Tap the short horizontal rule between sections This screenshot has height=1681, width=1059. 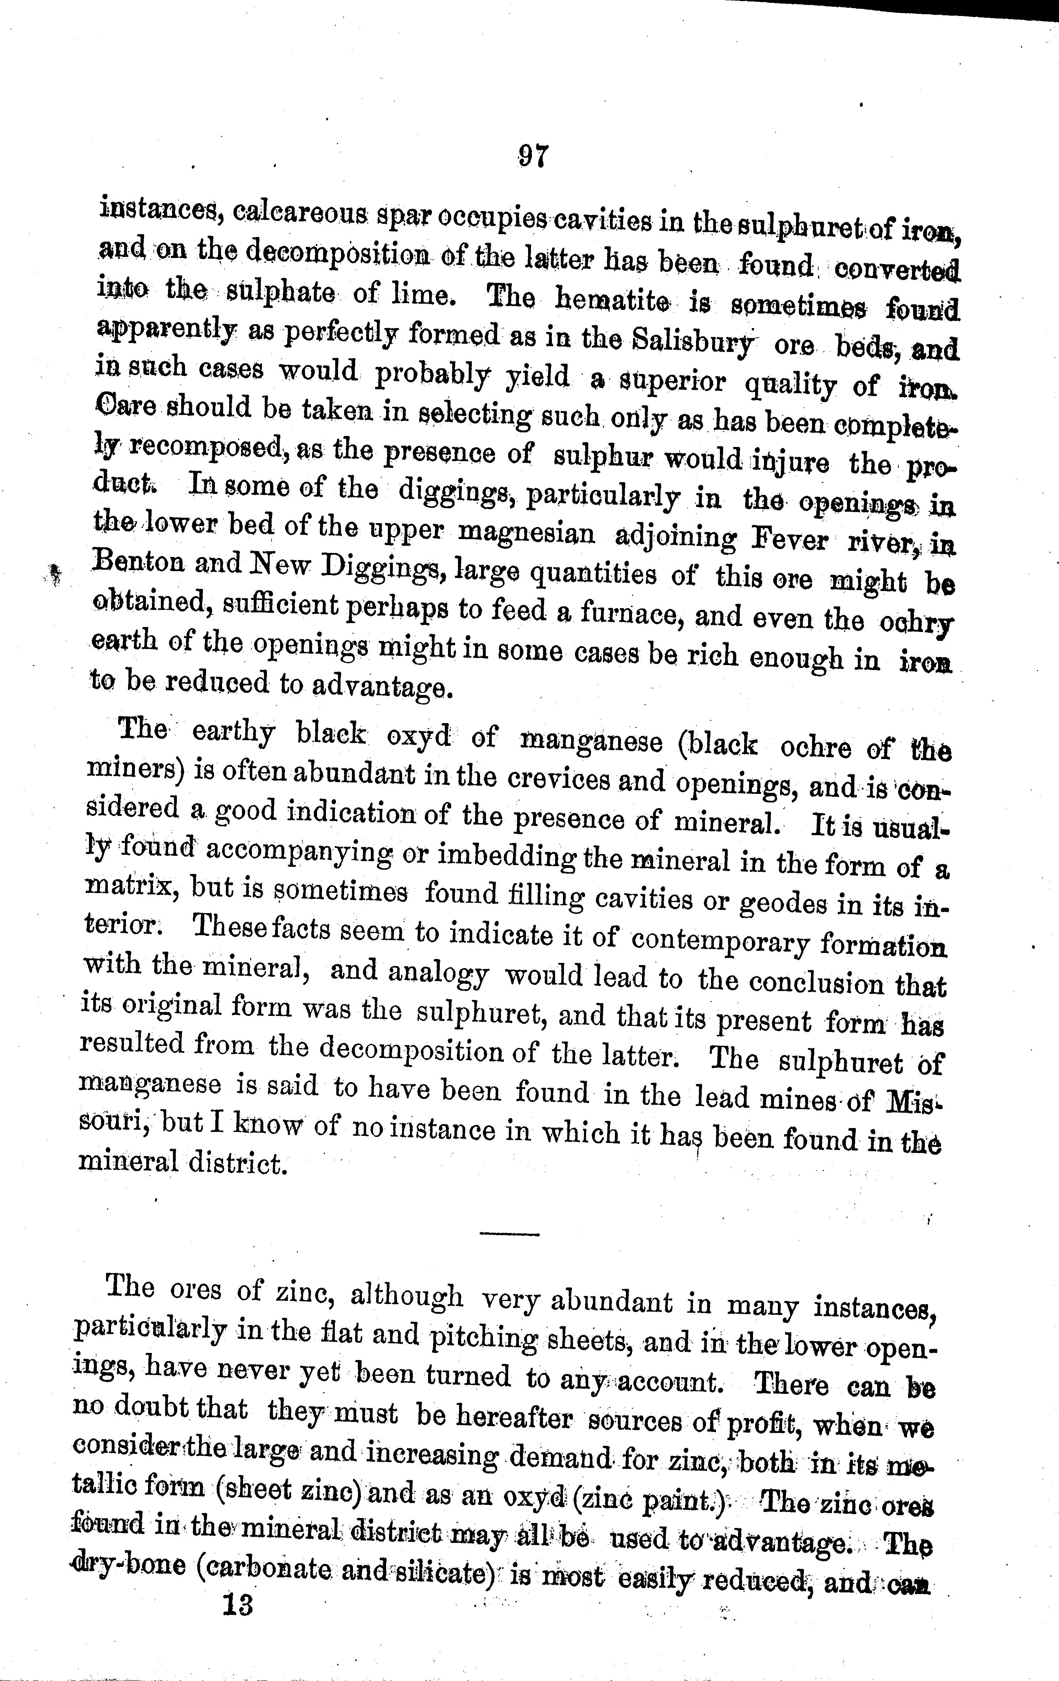click(x=510, y=1234)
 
